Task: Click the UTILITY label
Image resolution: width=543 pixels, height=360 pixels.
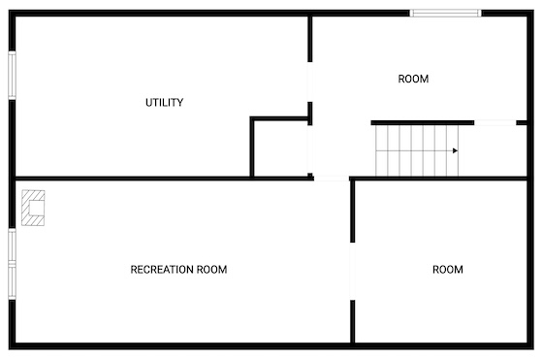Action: click(164, 103)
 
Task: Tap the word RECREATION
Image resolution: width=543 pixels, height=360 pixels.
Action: click(162, 270)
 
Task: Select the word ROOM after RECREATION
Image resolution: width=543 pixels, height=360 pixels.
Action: click(212, 270)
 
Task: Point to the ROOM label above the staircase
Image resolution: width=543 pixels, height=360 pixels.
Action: click(413, 79)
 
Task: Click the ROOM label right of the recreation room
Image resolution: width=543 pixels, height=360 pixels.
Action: click(448, 270)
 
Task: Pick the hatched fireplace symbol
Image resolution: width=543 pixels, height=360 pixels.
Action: click(33, 208)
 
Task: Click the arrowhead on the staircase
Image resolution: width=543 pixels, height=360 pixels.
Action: click(455, 150)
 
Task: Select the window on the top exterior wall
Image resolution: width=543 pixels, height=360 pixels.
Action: click(446, 14)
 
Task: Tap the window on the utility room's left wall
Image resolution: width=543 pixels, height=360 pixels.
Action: click(12, 75)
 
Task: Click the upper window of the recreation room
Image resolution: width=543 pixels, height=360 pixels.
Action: click(12, 246)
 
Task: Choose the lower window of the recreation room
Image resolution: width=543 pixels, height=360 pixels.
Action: click(12, 282)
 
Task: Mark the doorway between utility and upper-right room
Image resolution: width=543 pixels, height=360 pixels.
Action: click(310, 82)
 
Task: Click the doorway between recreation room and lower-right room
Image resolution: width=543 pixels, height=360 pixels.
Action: click(353, 272)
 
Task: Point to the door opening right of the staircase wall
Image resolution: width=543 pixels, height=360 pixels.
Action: click(495, 122)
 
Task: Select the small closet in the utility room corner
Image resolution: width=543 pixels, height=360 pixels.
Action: click(281, 148)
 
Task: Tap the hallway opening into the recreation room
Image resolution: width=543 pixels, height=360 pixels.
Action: click(332, 179)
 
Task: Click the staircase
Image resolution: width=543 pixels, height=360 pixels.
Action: click(417, 150)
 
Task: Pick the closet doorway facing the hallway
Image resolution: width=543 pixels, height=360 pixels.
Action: click(310, 149)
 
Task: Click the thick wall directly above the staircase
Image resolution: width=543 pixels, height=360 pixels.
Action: click(423, 122)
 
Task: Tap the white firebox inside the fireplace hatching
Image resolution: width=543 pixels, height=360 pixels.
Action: click(37, 208)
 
